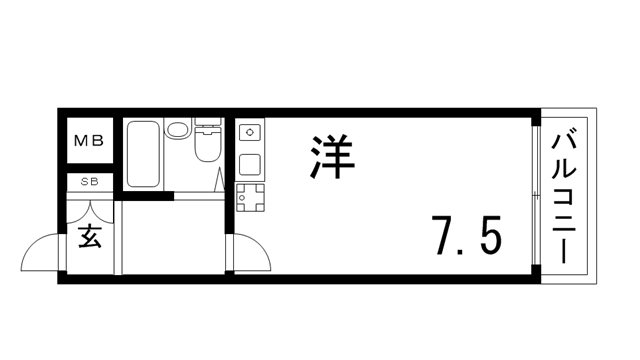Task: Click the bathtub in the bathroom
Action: (x=142, y=155)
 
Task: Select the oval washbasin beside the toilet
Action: (x=179, y=129)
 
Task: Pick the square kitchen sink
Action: (x=249, y=164)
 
